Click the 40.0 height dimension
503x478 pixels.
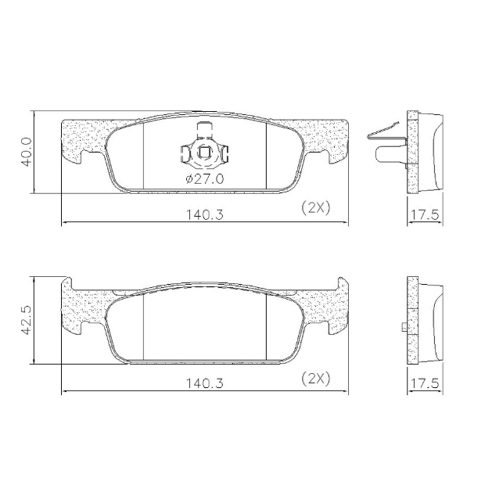point(27,152)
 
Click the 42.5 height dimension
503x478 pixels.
point(27,320)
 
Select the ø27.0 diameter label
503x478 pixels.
point(204,179)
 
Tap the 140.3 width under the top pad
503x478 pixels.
point(205,214)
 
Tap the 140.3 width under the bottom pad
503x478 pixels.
point(205,383)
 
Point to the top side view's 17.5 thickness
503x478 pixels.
point(425,214)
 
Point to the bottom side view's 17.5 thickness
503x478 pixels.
point(425,383)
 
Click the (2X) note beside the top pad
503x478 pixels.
point(316,208)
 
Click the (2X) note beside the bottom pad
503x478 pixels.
point(316,379)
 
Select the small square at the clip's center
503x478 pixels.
point(204,152)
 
